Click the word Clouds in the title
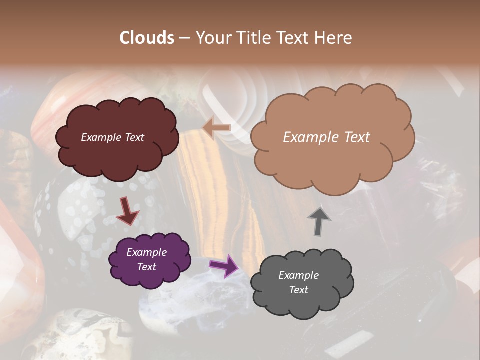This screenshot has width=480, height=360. pyautogui.click(x=147, y=38)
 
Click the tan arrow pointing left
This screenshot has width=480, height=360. pyautogui.click(x=216, y=128)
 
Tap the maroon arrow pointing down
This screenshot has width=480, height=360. pyautogui.click(x=127, y=210)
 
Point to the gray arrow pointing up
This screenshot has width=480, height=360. pyautogui.click(x=319, y=221)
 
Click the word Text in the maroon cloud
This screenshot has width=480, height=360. pyautogui.click(x=133, y=137)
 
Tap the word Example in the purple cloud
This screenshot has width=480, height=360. pyautogui.click(x=146, y=252)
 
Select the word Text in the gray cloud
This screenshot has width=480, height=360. pyautogui.click(x=299, y=290)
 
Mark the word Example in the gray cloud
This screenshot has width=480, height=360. pyautogui.click(x=298, y=275)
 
